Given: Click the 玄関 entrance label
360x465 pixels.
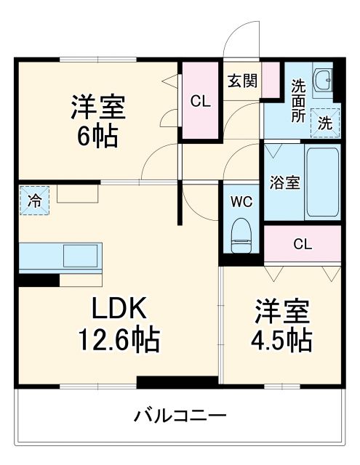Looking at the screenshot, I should [x=241, y=81].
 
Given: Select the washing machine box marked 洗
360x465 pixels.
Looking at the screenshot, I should [x=325, y=123].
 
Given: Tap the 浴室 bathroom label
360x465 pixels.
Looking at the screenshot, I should [x=284, y=182].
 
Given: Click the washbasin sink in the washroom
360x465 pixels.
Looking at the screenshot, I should [x=322, y=81].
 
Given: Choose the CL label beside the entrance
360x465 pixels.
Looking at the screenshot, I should [x=200, y=102].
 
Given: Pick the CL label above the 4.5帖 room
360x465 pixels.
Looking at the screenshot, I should [x=302, y=243].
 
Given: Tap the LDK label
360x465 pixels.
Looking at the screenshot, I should [x=121, y=309].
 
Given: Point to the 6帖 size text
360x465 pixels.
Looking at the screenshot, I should [x=97, y=137].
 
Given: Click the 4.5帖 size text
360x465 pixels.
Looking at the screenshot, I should [x=283, y=339].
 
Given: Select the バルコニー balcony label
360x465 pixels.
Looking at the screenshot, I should [x=180, y=416].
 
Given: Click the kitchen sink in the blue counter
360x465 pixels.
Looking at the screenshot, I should [x=84, y=256].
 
